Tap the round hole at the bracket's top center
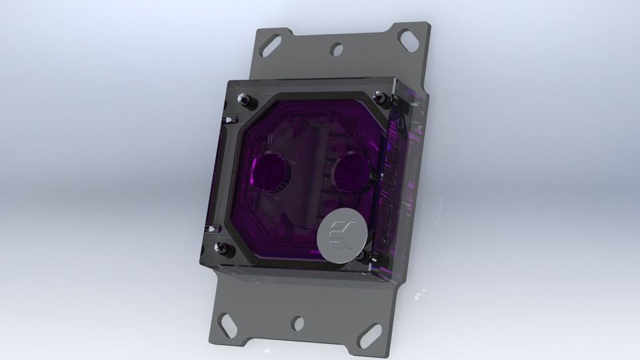click(x=337, y=48)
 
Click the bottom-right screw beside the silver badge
click(x=361, y=255)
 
